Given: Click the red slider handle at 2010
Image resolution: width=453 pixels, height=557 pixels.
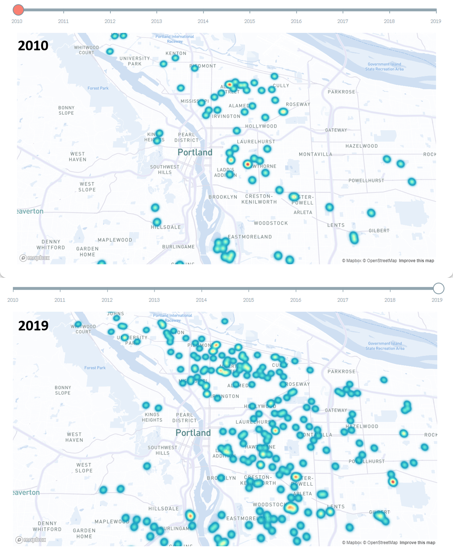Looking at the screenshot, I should (x=18, y=10).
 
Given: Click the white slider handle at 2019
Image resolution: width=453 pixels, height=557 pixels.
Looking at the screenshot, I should (x=439, y=288).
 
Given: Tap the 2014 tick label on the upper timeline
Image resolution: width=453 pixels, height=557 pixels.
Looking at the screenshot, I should (x=203, y=21).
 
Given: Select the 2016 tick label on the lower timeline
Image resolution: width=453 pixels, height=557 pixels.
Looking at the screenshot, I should (x=296, y=300).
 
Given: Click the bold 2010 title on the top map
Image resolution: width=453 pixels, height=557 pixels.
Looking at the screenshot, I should (x=33, y=46).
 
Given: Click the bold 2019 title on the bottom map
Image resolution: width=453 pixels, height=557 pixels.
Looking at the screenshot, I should (x=33, y=326).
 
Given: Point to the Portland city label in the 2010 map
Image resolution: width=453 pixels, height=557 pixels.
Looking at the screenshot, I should (x=195, y=153).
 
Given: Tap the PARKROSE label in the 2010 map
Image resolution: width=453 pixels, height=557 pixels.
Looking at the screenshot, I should (x=341, y=92).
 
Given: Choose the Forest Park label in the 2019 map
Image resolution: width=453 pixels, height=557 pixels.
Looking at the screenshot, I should (x=95, y=368).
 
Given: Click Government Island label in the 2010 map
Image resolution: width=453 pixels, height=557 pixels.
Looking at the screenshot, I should (x=384, y=67).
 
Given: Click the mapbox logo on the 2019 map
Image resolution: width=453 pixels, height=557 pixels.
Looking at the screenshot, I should (x=31, y=540).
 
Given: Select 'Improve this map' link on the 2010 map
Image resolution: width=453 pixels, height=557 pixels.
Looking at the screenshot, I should (x=416, y=261).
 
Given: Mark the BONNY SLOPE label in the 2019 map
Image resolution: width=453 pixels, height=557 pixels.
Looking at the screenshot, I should (x=63, y=390).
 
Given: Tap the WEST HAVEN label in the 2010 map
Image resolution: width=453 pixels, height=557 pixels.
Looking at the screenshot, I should (x=77, y=157).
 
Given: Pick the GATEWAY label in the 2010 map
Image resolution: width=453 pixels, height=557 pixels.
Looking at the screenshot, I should (x=336, y=130).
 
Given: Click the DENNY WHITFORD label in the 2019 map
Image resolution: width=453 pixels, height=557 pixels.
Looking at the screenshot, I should (x=47, y=526).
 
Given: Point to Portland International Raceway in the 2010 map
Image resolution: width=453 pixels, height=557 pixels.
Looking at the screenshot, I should (x=175, y=39).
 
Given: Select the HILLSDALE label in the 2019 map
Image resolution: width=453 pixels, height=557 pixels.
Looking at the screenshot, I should (x=163, y=509).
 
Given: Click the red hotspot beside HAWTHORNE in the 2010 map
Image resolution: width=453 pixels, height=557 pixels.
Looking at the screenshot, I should (x=247, y=164).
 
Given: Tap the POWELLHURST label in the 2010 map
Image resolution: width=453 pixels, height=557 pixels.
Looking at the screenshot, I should (x=366, y=181).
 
